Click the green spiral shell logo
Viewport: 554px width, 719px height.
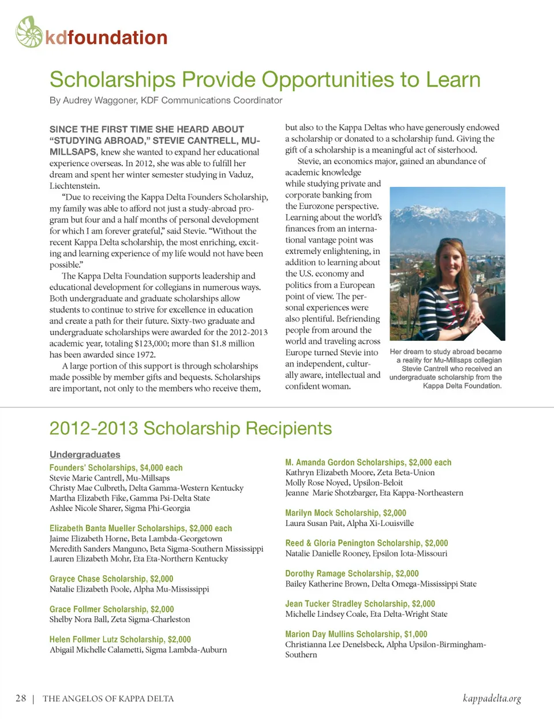(29, 32)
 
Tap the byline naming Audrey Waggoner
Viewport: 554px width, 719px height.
(166, 100)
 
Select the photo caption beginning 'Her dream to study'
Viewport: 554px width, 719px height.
(446, 368)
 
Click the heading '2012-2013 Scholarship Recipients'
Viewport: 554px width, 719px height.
(190, 429)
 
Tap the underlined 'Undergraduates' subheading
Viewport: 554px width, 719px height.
(85, 455)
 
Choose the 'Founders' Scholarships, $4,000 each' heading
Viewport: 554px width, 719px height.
(116, 468)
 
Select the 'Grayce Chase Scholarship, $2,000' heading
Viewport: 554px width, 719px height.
(111, 579)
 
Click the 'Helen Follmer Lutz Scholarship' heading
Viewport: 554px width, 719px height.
(120, 639)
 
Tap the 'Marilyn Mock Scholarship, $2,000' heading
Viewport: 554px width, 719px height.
(346, 513)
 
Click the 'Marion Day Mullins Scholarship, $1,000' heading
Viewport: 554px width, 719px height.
(356, 634)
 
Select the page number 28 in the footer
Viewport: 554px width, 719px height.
(21, 698)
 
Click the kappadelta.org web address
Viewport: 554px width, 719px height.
(492, 698)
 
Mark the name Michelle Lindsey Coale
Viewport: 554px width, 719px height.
(326, 614)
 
